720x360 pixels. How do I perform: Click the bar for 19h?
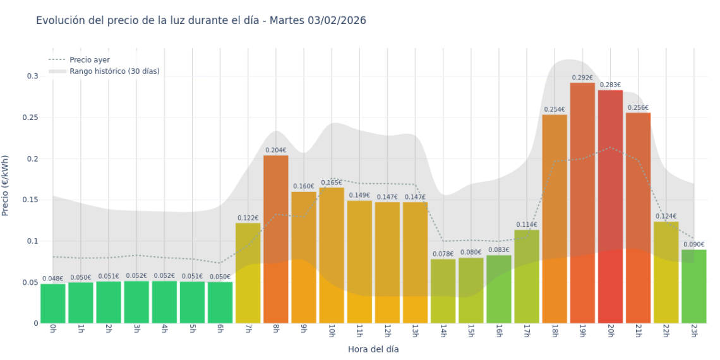(x=582, y=203)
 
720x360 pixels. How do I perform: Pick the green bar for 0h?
(x=52, y=303)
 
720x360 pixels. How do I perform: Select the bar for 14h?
(x=443, y=291)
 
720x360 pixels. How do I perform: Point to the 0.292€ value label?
(x=582, y=78)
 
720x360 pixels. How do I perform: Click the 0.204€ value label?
(x=275, y=150)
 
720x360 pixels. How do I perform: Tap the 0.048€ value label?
(x=52, y=279)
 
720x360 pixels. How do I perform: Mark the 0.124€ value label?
(x=666, y=216)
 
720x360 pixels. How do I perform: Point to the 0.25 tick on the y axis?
(x=28, y=117)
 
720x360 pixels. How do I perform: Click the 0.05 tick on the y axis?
(x=28, y=282)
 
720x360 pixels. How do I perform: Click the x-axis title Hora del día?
(x=373, y=349)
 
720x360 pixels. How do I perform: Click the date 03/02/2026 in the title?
(x=337, y=21)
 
